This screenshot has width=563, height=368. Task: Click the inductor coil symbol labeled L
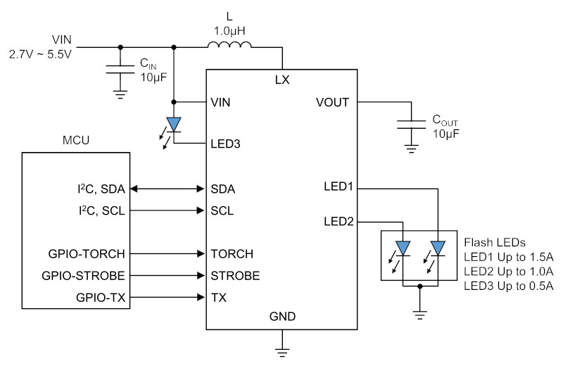tap(229, 44)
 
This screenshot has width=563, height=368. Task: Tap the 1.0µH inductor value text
tap(229, 31)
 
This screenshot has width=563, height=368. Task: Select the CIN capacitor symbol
tap(120, 69)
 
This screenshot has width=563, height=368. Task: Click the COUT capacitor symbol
tap(411, 125)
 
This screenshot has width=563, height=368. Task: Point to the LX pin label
tap(282, 80)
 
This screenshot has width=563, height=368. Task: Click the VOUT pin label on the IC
tap(332, 102)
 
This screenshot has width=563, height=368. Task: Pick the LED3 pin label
tap(225, 144)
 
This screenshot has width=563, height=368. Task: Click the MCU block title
tap(76, 140)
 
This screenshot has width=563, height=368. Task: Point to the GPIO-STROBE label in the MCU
tap(83, 276)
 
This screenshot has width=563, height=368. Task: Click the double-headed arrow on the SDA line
tap(167, 189)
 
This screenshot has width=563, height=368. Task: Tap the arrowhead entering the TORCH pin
tap(201, 254)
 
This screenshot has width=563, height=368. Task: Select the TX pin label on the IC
tap(219, 298)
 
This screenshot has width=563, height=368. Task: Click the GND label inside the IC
tap(283, 317)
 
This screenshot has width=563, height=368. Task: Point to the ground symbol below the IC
tap(283, 353)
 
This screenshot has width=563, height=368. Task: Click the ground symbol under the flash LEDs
tap(420, 315)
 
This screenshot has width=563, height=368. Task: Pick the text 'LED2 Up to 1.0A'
tap(508, 272)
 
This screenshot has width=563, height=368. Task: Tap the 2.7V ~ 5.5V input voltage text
tap(40, 54)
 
